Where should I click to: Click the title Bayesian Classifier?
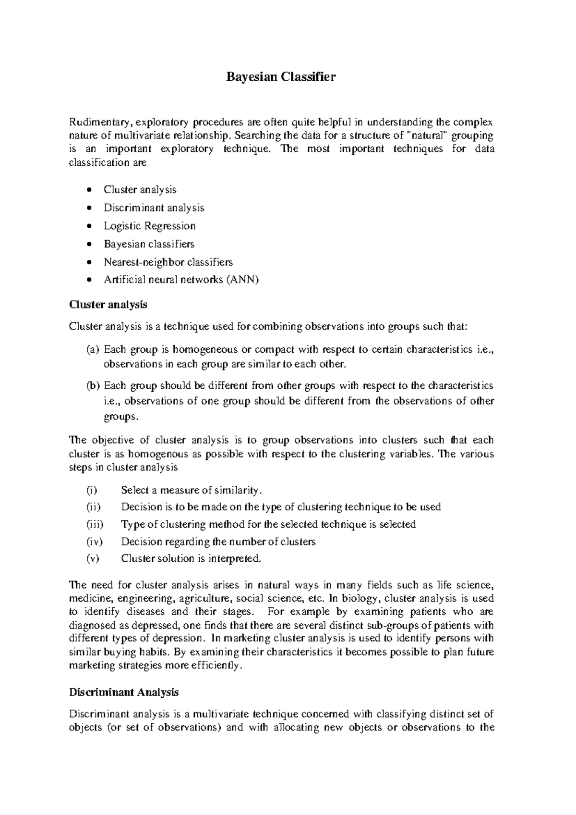281,77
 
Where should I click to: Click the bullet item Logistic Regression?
150,226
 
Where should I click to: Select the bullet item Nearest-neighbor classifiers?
168,262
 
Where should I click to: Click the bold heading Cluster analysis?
108,305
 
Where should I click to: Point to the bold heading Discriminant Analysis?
124,692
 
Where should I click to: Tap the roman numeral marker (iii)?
95,524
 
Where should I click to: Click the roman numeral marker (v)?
93,559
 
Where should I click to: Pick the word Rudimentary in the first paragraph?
98,123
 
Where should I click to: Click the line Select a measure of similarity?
192,491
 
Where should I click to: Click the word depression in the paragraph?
178,639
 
